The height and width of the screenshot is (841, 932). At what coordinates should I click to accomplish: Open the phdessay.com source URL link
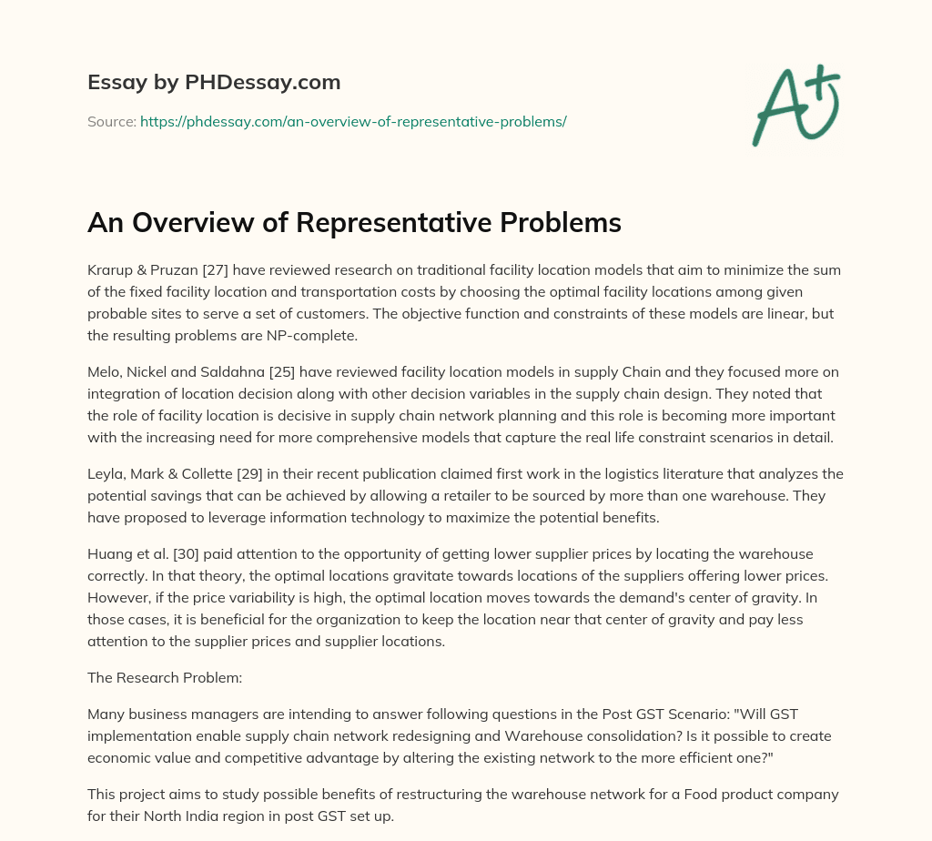click(x=353, y=121)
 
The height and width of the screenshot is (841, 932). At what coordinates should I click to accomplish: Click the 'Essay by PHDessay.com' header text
click(x=214, y=83)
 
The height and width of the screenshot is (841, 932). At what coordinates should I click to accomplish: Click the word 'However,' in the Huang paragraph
click(x=116, y=600)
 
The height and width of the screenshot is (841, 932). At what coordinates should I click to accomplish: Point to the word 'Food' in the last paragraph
click(x=663, y=794)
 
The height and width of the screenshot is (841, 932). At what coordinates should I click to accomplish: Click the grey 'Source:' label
click(x=111, y=121)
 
